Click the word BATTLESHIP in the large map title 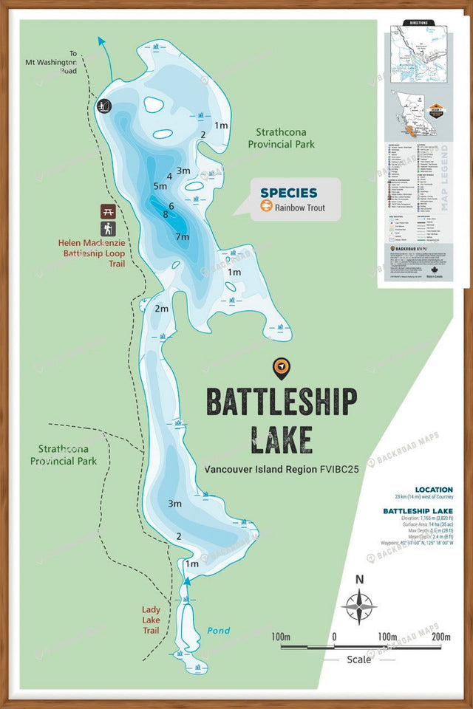pos(281,403)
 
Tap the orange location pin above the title pos(281,367)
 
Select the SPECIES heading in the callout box pos(288,193)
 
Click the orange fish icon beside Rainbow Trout pos(266,208)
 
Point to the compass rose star pos(359,607)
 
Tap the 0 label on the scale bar pos(333,637)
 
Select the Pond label pos(218,631)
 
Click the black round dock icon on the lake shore pos(104,106)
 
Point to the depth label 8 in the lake pos(166,214)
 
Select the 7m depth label pos(183,236)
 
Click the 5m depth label pos(160,185)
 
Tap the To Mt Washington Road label pos(73,62)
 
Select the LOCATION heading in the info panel pos(434,490)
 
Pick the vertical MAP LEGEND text pos(444,188)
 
